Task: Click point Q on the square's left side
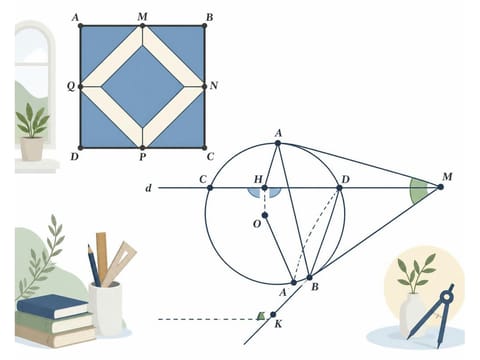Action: coord(80,87)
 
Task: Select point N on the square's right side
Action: coord(204,87)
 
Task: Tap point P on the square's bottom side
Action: coord(142,148)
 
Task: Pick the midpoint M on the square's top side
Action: coord(142,26)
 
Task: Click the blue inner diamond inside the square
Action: coord(142,87)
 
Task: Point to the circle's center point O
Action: coord(265,215)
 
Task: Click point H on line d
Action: coord(264,188)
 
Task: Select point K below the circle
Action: coord(273,314)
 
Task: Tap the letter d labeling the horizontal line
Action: coord(149,188)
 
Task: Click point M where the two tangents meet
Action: coord(441,187)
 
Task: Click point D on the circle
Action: coord(339,188)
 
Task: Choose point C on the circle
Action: coord(210,188)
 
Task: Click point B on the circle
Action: coord(309,277)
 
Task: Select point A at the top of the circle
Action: coord(278,143)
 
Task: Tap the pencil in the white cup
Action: coord(94,265)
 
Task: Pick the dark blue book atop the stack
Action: coord(52,306)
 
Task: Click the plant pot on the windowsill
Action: coord(32,149)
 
